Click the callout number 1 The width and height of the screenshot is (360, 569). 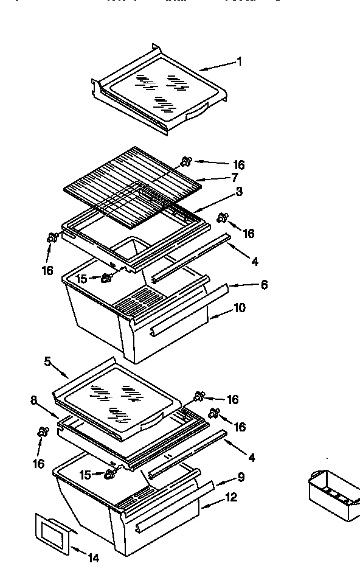point(239,61)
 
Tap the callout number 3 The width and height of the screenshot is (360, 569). point(239,192)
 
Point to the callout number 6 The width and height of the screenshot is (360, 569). point(264,285)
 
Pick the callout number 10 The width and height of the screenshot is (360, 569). point(239,308)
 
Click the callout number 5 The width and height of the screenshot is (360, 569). point(47,361)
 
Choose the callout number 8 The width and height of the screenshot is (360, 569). point(34,400)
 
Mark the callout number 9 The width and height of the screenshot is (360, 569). point(241,477)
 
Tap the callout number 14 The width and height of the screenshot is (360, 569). point(93,557)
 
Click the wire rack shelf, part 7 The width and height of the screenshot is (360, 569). point(134,183)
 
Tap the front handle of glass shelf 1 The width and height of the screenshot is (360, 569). point(196,113)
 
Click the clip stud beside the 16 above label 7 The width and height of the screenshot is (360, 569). point(187,161)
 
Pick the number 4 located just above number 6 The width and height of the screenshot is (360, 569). point(255,262)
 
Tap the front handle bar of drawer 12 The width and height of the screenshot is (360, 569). point(161,520)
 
